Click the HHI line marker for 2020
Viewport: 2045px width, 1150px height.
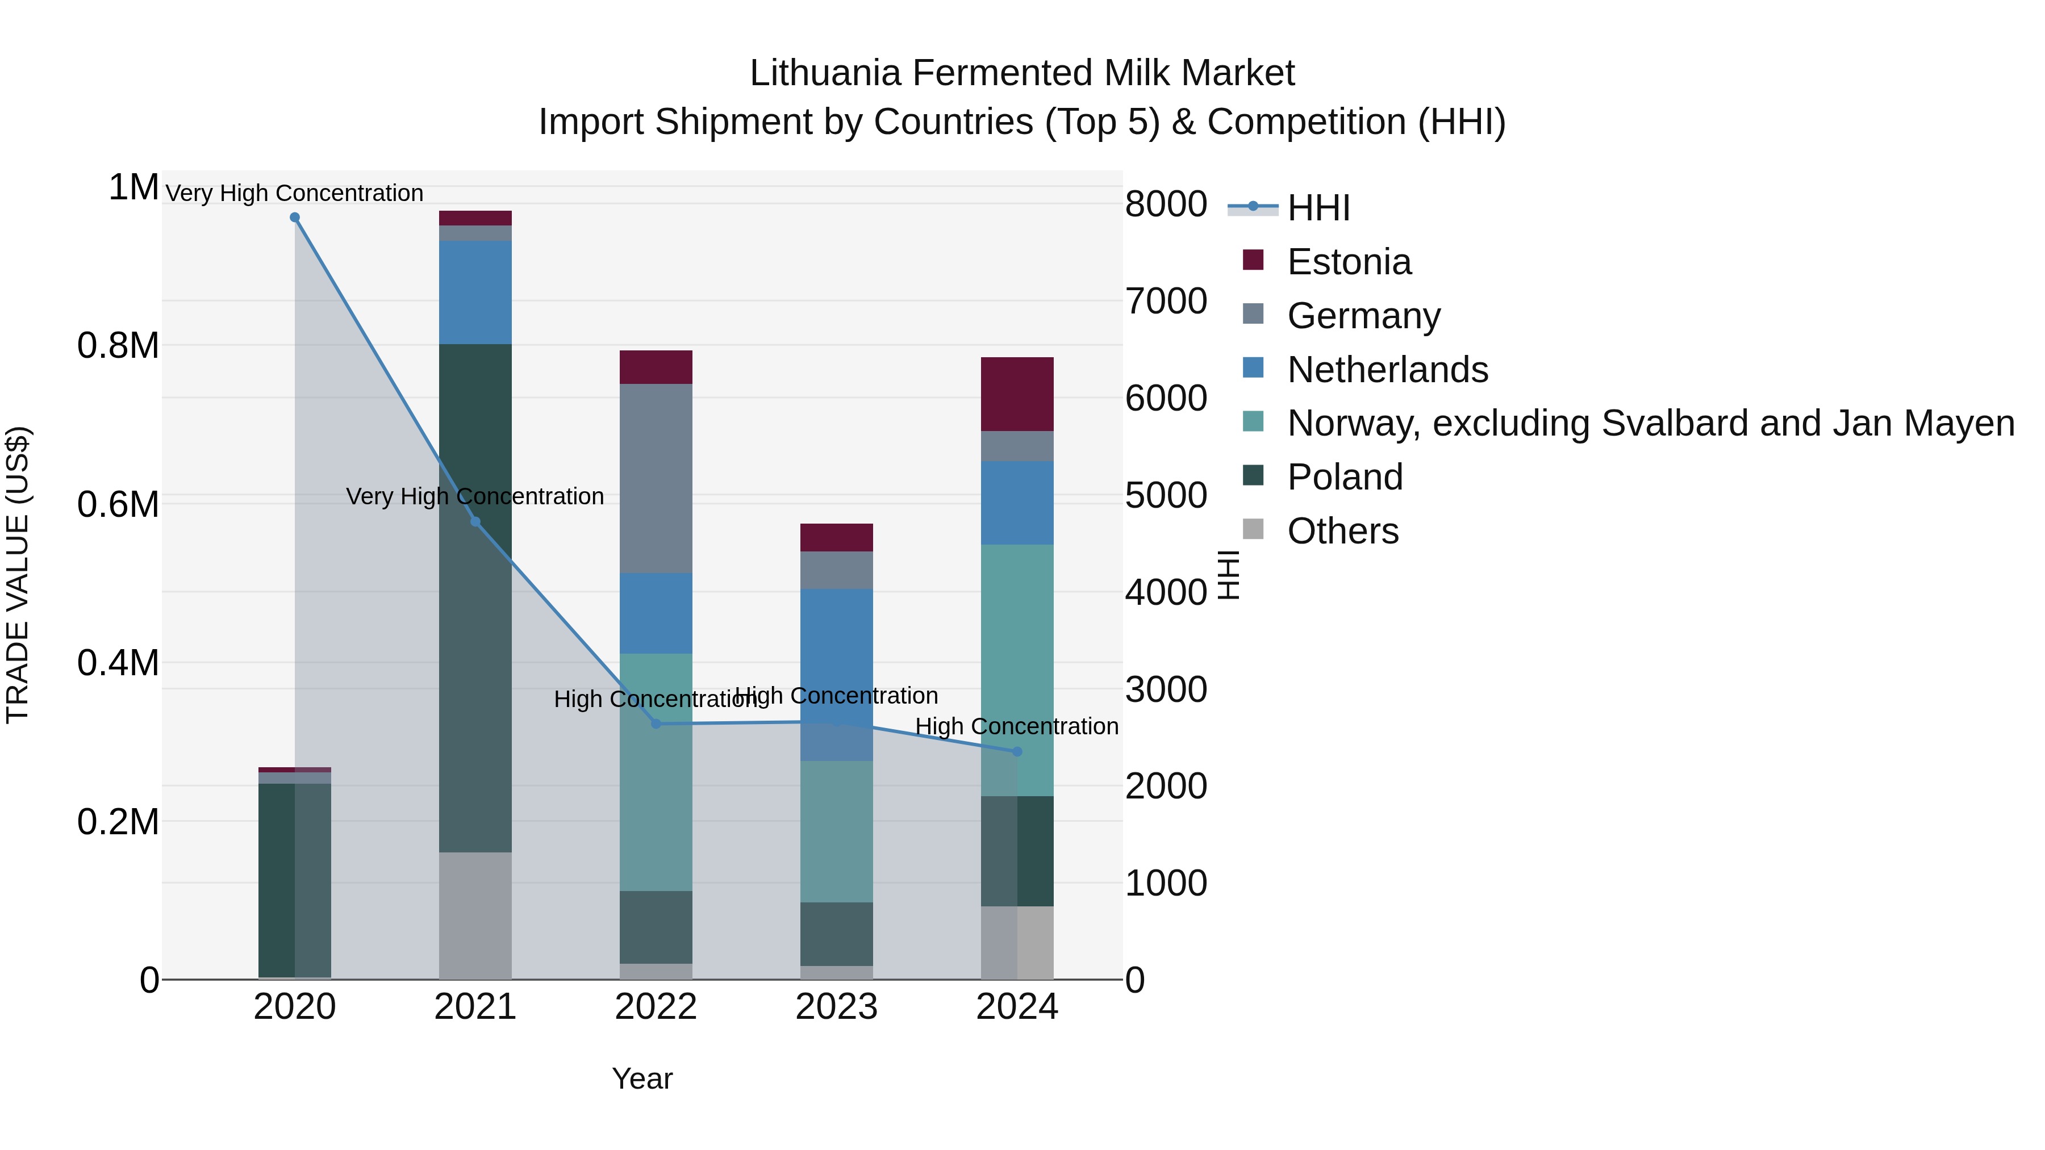pyautogui.click(x=294, y=218)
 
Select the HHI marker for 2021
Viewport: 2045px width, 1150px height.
pyautogui.click(x=475, y=521)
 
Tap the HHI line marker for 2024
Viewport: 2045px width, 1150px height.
pyautogui.click(x=1017, y=751)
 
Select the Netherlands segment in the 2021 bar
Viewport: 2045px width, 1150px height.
pyautogui.click(x=475, y=292)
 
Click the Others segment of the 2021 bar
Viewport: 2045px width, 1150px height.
pyautogui.click(x=475, y=915)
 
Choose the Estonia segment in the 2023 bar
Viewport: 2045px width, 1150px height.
pyautogui.click(x=836, y=537)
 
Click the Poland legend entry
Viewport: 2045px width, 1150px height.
pyautogui.click(x=1345, y=477)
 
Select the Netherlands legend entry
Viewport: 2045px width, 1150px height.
pyautogui.click(x=1387, y=370)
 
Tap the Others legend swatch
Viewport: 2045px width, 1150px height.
pyautogui.click(x=1253, y=529)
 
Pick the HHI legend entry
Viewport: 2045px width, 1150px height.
pyautogui.click(x=1318, y=208)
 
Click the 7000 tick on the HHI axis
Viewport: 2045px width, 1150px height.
pyautogui.click(x=1166, y=302)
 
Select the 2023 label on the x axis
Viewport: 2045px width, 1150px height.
pyautogui.click(x=836, y=1007)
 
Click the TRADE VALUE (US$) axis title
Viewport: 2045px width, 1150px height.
pyautogui.click(x=18, y=575)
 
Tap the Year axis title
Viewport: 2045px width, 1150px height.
pyautogui.click(x=642, y=1078)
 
